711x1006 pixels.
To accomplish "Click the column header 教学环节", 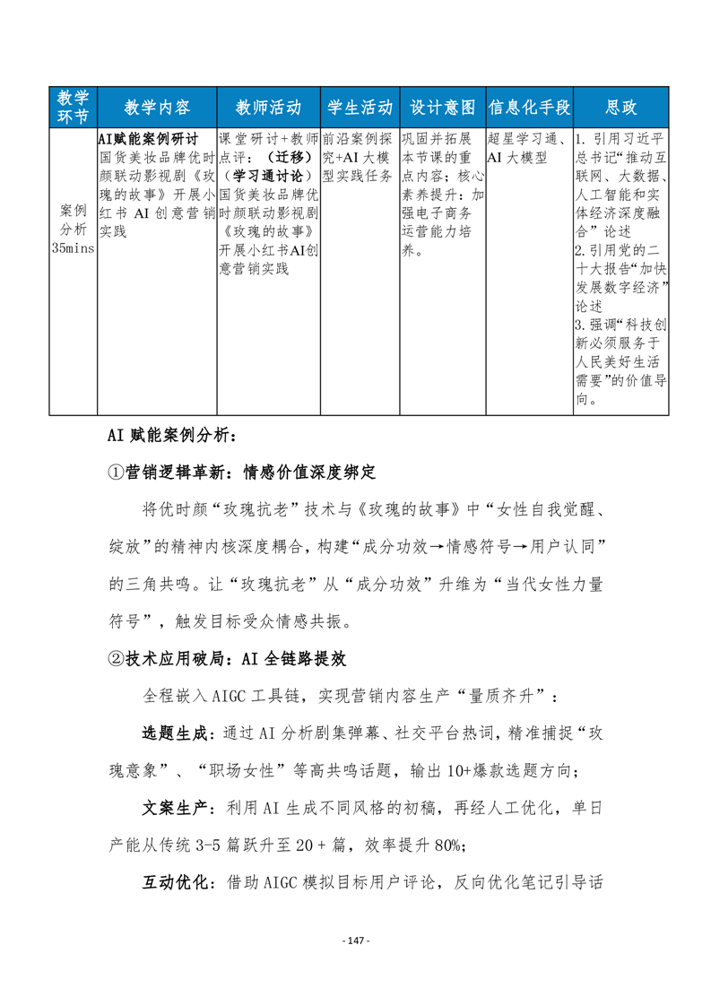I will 73,107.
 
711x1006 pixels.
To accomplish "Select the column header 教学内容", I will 156,107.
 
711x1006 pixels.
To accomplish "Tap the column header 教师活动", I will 267,107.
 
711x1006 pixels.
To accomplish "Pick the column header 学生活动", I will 359,107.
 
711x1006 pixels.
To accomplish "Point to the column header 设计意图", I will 442,107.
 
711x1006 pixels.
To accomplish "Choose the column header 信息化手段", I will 529,107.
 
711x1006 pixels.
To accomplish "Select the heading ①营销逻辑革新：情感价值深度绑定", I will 240,472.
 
